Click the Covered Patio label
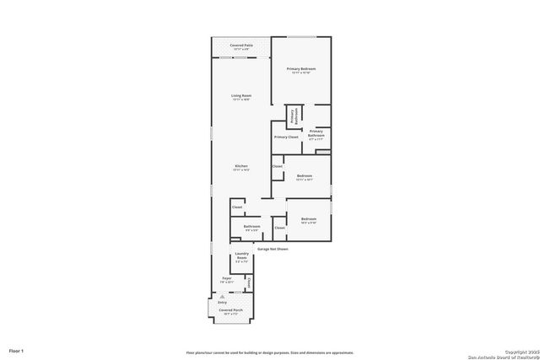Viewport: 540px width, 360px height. (241, 46)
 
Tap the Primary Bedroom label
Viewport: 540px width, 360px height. (301, 70)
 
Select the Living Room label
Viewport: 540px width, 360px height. (241, 97)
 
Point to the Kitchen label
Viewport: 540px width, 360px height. (241, 167)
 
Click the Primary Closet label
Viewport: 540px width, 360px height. (286, 137)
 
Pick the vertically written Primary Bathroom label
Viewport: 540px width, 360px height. (293, 116)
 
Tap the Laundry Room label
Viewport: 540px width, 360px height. (241, 259)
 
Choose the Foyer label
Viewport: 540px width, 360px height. (227, 279)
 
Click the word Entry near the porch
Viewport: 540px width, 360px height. (223, 301)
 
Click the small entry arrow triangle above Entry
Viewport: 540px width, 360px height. (223, 296)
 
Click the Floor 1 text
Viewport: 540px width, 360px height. (17, 350)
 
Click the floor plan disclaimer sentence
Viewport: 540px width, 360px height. (270, 352)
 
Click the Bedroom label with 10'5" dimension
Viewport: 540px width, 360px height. (308, 220)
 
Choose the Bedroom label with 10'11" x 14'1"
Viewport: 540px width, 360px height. (305, 177)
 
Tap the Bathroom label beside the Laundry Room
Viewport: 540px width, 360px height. (251, 227)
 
